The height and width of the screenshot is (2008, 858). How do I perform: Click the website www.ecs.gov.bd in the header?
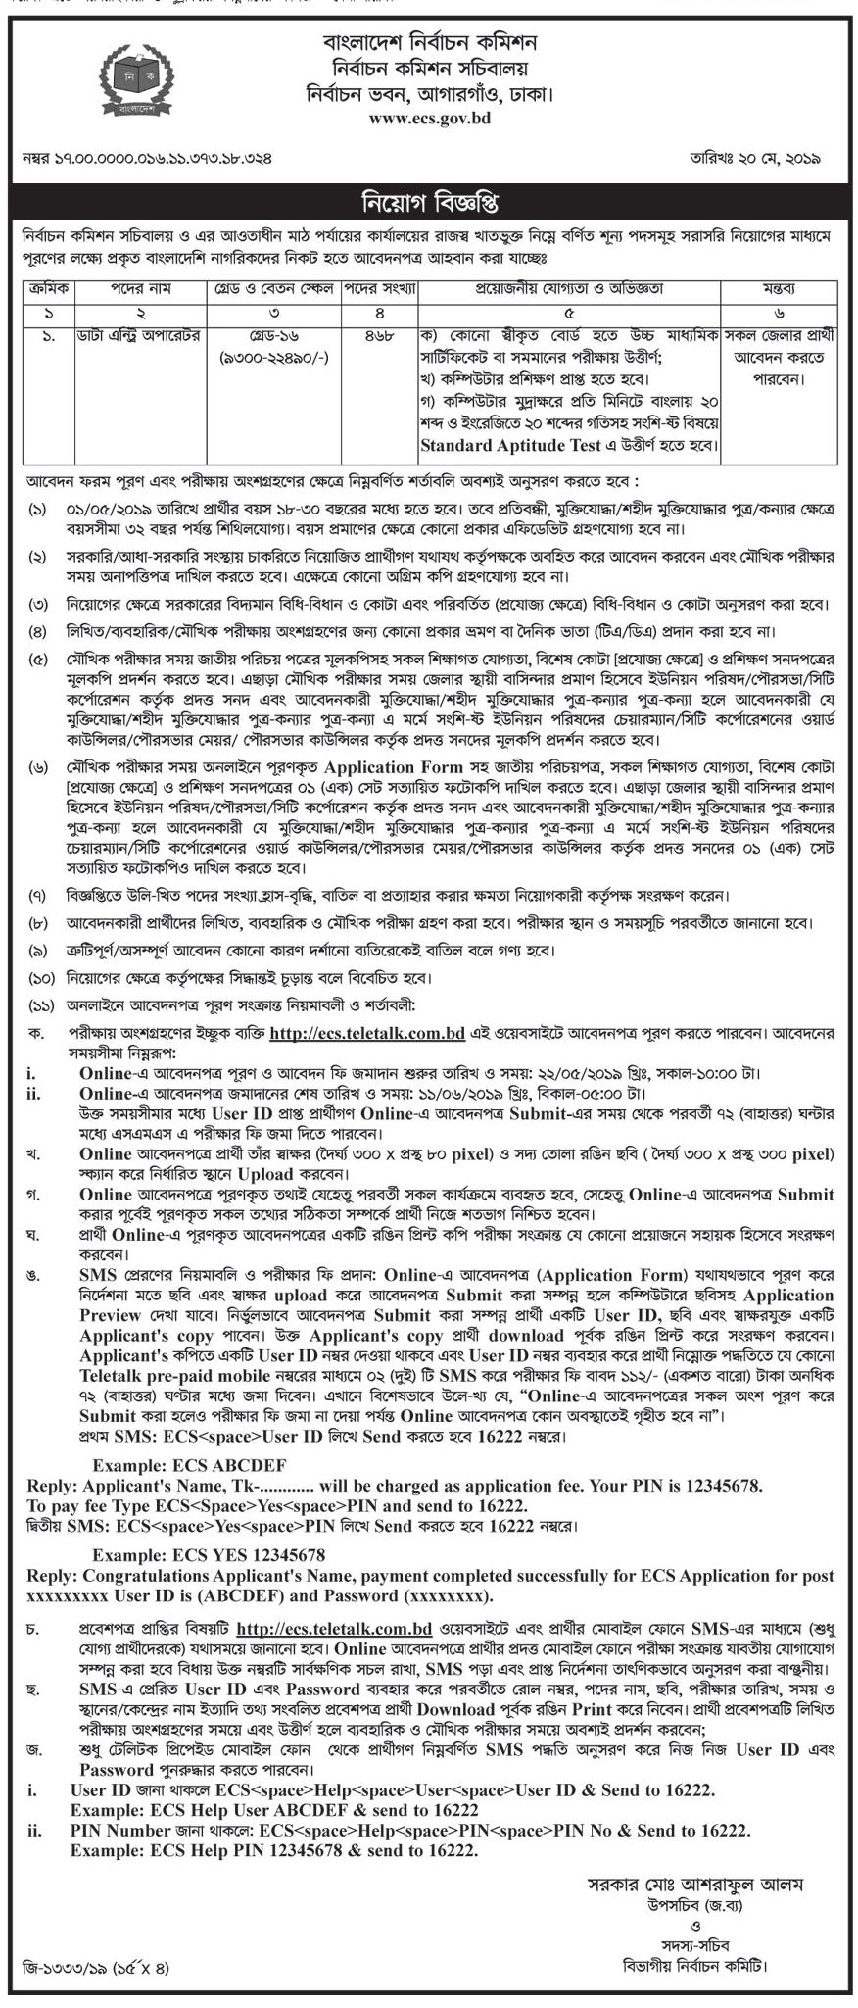(x=429, y=119)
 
